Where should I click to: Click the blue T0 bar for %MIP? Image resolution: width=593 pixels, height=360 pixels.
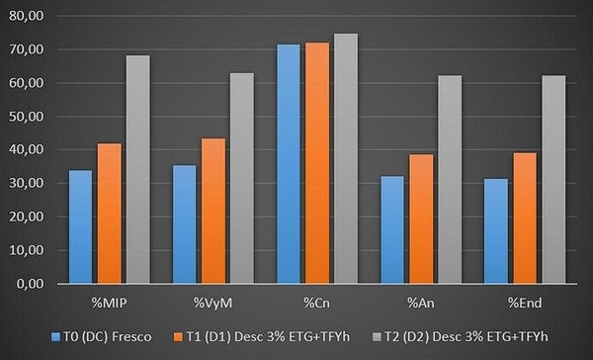click(x=81, y=227)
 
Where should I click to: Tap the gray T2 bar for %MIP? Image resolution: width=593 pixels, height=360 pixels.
click(x=137, y=169)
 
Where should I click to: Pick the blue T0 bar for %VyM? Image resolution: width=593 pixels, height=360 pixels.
click(x=184, y=225)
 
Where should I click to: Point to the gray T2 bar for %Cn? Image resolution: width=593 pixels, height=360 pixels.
click(x=345, y=158)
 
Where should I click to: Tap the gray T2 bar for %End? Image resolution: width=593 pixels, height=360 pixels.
click(x=552, y=180)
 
